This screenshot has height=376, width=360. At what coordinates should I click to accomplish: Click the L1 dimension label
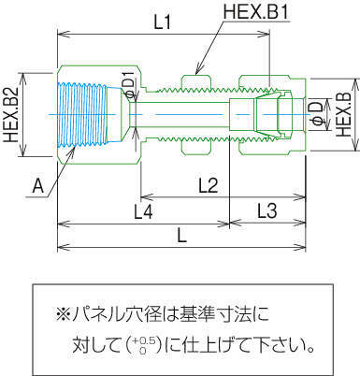(x=163, y=22)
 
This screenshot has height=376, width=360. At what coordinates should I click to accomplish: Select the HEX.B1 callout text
(x=256, y=12)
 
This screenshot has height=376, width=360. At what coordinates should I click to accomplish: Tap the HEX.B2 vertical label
(x=11, y=115)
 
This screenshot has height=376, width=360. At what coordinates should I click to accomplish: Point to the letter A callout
(x=38, y=187)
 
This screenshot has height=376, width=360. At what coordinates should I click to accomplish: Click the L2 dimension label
(x=208, y=186)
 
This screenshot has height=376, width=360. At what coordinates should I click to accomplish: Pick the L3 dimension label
(x=267, y=210)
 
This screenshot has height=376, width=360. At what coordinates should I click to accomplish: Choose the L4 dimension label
(x=143, y=212)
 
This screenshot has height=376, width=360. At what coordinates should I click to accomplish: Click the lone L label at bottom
(x=181, y=236)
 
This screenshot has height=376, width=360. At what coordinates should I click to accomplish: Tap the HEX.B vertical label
(x=344, y=114)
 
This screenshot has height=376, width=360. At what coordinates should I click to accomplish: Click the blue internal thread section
(x=83, y=114)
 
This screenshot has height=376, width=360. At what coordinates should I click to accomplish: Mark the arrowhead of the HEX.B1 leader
(x=197, y=72)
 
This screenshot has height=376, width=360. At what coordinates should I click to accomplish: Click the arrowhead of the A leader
(x=74, y=150)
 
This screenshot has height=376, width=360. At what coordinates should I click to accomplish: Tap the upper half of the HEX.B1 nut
(x=195, y=82)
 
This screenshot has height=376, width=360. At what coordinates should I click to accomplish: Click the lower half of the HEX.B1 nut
(x=195, y=147)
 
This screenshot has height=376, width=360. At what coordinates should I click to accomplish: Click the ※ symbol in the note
(x=63, y=314)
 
